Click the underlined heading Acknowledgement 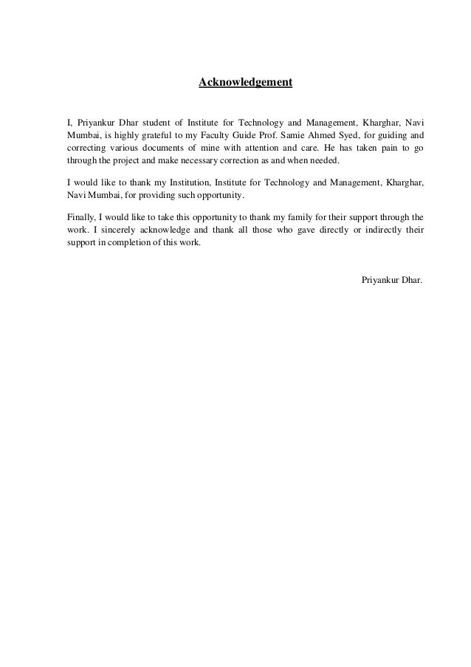(245, 82)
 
